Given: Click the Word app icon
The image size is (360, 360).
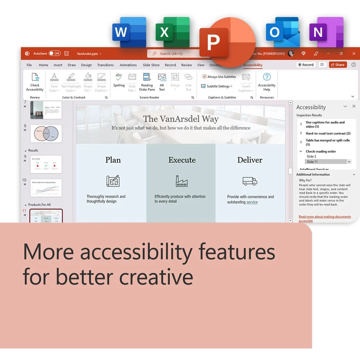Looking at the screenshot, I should point(129,32).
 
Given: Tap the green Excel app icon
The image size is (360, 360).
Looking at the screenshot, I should point(172,32).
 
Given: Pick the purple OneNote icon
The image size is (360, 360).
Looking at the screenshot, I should point(326,32).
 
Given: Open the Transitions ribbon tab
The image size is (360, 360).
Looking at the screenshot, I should point(105,65).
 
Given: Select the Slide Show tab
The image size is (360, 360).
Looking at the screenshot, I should point(151,65).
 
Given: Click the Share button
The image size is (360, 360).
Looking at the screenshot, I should point(338,65).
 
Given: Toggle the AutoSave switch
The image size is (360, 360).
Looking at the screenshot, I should point(55,54).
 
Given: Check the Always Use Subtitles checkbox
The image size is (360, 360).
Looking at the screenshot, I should point(204,77).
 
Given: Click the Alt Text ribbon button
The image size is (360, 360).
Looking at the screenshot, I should point(162,82).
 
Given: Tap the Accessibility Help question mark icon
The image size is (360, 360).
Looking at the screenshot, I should point(267,77).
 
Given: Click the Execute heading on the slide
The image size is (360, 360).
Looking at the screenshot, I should point(182,160).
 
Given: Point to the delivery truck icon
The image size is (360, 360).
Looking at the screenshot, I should point(250,181).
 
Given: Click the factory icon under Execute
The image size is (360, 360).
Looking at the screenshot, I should point(181,181).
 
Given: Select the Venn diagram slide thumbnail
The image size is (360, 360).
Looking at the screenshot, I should point(46,134).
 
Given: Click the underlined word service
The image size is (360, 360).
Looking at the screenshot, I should point(252,202).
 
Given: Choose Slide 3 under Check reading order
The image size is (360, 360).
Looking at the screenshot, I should point(311,157).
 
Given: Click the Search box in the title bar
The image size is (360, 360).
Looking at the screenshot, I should point(173,54).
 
